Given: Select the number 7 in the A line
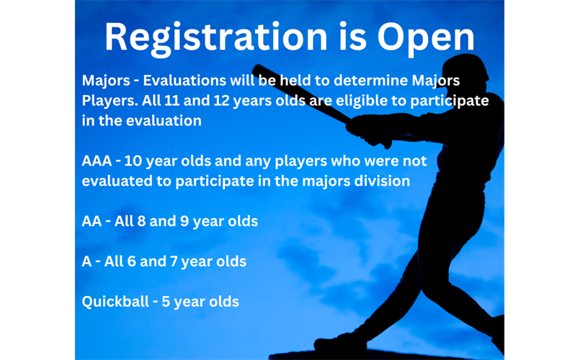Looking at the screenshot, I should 173,261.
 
